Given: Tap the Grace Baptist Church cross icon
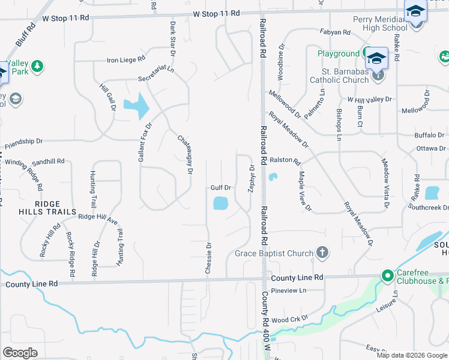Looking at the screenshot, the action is point(322,253).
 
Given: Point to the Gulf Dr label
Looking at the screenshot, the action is point(220,188).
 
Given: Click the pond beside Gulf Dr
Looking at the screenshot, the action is point(220,203).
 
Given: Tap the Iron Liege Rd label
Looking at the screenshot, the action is point(125,59).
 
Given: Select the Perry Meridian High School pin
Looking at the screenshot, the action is point(415,13).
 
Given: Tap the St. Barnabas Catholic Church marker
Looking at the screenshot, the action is point(378,74).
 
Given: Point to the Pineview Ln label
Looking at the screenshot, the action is point(289,290).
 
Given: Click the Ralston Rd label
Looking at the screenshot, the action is point(285,161).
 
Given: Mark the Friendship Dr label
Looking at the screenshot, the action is point(24,144).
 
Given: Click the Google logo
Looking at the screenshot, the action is point(20,353).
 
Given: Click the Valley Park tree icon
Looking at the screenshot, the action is point(37,65).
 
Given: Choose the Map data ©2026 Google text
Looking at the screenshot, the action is point(411,355).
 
